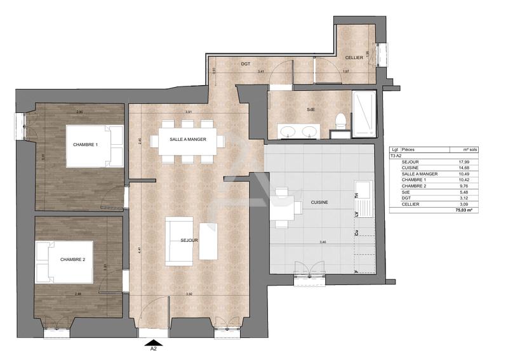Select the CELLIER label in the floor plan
[354, 58]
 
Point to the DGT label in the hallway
[246, 64]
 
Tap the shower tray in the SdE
[364, 114]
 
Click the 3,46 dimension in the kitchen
[323, 243]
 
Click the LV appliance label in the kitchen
[356, 214]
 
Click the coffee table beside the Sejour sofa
[208, 241]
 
